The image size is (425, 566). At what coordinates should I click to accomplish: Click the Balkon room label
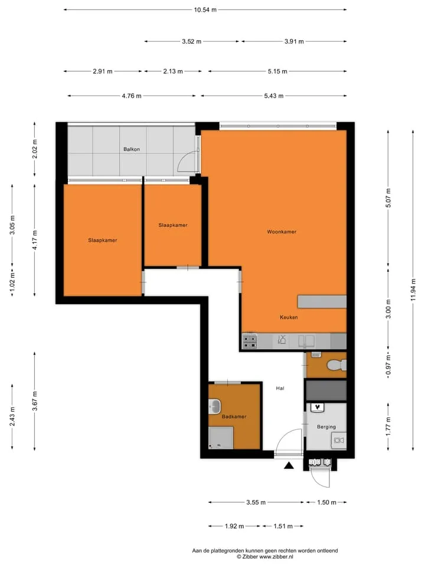[x=132, y=149]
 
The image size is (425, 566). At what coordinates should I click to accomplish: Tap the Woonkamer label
[x=282, y=232]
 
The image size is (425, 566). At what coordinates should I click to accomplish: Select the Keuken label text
[x=289, y=317]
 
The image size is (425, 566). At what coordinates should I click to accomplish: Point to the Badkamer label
[x=234, y=417]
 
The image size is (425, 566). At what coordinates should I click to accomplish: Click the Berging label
[x=326, y=427]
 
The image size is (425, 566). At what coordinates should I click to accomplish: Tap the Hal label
[x=280, y=389]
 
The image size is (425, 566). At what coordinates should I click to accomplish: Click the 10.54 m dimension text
[x=205, y=10]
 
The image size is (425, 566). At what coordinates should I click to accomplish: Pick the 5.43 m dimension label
[x=273, y=96]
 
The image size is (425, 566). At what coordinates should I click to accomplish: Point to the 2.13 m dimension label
[x=173, y=71]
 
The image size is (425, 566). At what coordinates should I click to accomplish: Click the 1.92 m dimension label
[x=234, y=526]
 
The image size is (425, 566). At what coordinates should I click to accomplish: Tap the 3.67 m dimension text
[x=35, y=401]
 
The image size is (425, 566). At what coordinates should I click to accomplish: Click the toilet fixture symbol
[x=337, y=366]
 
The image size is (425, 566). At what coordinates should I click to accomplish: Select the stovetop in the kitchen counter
[x=250, y=341]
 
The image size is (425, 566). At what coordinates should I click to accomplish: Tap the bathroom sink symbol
[x=215, y=407]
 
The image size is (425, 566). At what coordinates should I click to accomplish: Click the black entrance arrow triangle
[x=289, y=466]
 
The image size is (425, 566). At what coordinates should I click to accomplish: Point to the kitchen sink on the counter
[x=306, y=341]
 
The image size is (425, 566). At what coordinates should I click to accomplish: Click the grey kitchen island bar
[x=322, y=302]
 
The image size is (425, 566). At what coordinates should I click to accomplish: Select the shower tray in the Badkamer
[x=221, y=438]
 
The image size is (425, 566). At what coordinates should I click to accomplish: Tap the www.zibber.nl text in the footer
[x=276, y=557]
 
